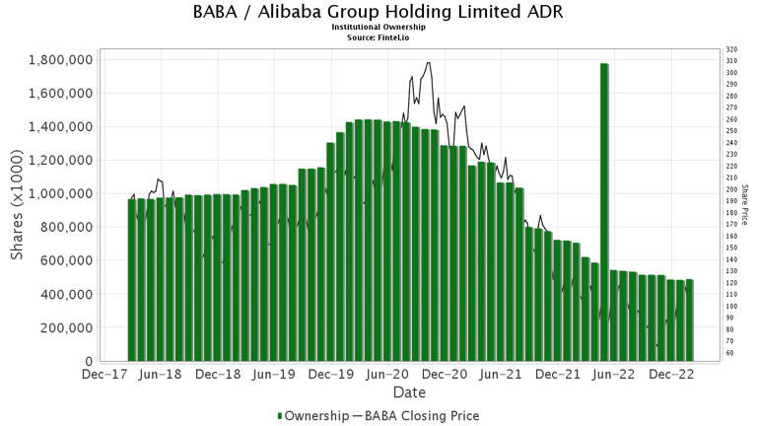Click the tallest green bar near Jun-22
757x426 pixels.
[x=603, y=212]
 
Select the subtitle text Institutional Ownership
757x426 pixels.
[x=378, y=28]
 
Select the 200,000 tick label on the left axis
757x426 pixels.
[x=65, y=328]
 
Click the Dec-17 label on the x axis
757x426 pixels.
[x=103, y=375]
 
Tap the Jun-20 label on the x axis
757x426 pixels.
[x=387, y=375]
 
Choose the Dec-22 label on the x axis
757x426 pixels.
[x=672, y=375]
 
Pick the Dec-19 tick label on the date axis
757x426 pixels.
[x=330, y=375]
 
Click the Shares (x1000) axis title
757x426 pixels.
[x=18, y=211]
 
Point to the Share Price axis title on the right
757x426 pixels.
[x=745, y=204]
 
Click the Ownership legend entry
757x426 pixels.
[x=312, y=415]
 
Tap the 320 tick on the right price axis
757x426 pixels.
[x=729, y=50]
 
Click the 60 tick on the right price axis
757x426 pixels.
[x=727, y=353]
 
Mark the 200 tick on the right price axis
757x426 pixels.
[x=729, y=190]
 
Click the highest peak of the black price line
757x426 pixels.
[x=427, y=63]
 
